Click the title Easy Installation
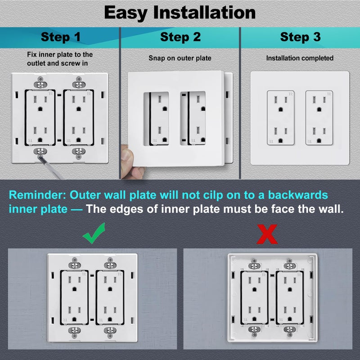(180, 13)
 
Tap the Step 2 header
(180, 37)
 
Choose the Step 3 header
(300, 37)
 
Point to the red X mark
(266, 234)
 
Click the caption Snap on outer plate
(180, 58)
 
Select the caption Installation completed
(300, 58)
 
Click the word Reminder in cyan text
(36, 195)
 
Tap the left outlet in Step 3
(281, 117)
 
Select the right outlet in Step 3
(319, 117)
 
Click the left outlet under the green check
(74, 297)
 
